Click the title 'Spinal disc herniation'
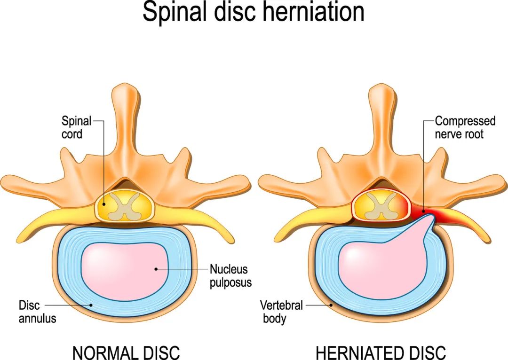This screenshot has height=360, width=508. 254,12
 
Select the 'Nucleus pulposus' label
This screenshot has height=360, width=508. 230,275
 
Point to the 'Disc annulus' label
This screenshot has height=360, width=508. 37,312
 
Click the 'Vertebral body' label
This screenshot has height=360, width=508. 281,312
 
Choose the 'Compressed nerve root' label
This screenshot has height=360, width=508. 465,127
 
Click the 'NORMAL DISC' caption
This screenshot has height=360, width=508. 126,352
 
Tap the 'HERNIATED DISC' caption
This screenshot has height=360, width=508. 381,352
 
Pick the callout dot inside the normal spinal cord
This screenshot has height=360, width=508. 103,204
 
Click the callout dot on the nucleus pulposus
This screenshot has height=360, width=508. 156,269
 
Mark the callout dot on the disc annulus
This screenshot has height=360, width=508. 91,305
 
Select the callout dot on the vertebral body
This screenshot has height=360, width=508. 331,305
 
